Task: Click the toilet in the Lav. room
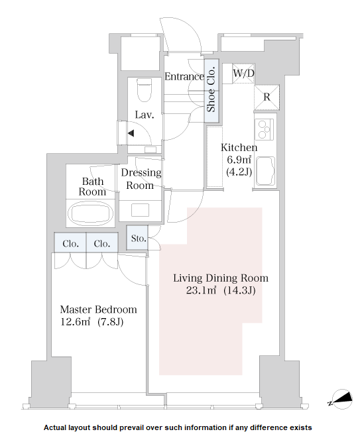(145, 89)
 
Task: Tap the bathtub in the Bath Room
(91, 213)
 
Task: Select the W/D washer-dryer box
(243, 74)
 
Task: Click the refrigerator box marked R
(267, 97)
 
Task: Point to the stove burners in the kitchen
(265, 129)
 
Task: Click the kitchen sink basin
(265, 171)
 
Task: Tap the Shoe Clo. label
(211, 89)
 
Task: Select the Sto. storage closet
(137, 238)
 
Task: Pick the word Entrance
(184, 76)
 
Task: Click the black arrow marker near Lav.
(131, 133)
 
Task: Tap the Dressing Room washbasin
(140, 210)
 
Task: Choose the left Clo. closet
(70, 243)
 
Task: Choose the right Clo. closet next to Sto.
(102, 243)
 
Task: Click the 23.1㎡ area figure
(202, 290)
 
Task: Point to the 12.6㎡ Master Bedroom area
(76, 322)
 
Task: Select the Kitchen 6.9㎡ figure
(239, 160)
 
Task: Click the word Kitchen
(239, 148)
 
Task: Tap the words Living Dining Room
(221, 278)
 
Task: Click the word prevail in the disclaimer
(131, 427)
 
